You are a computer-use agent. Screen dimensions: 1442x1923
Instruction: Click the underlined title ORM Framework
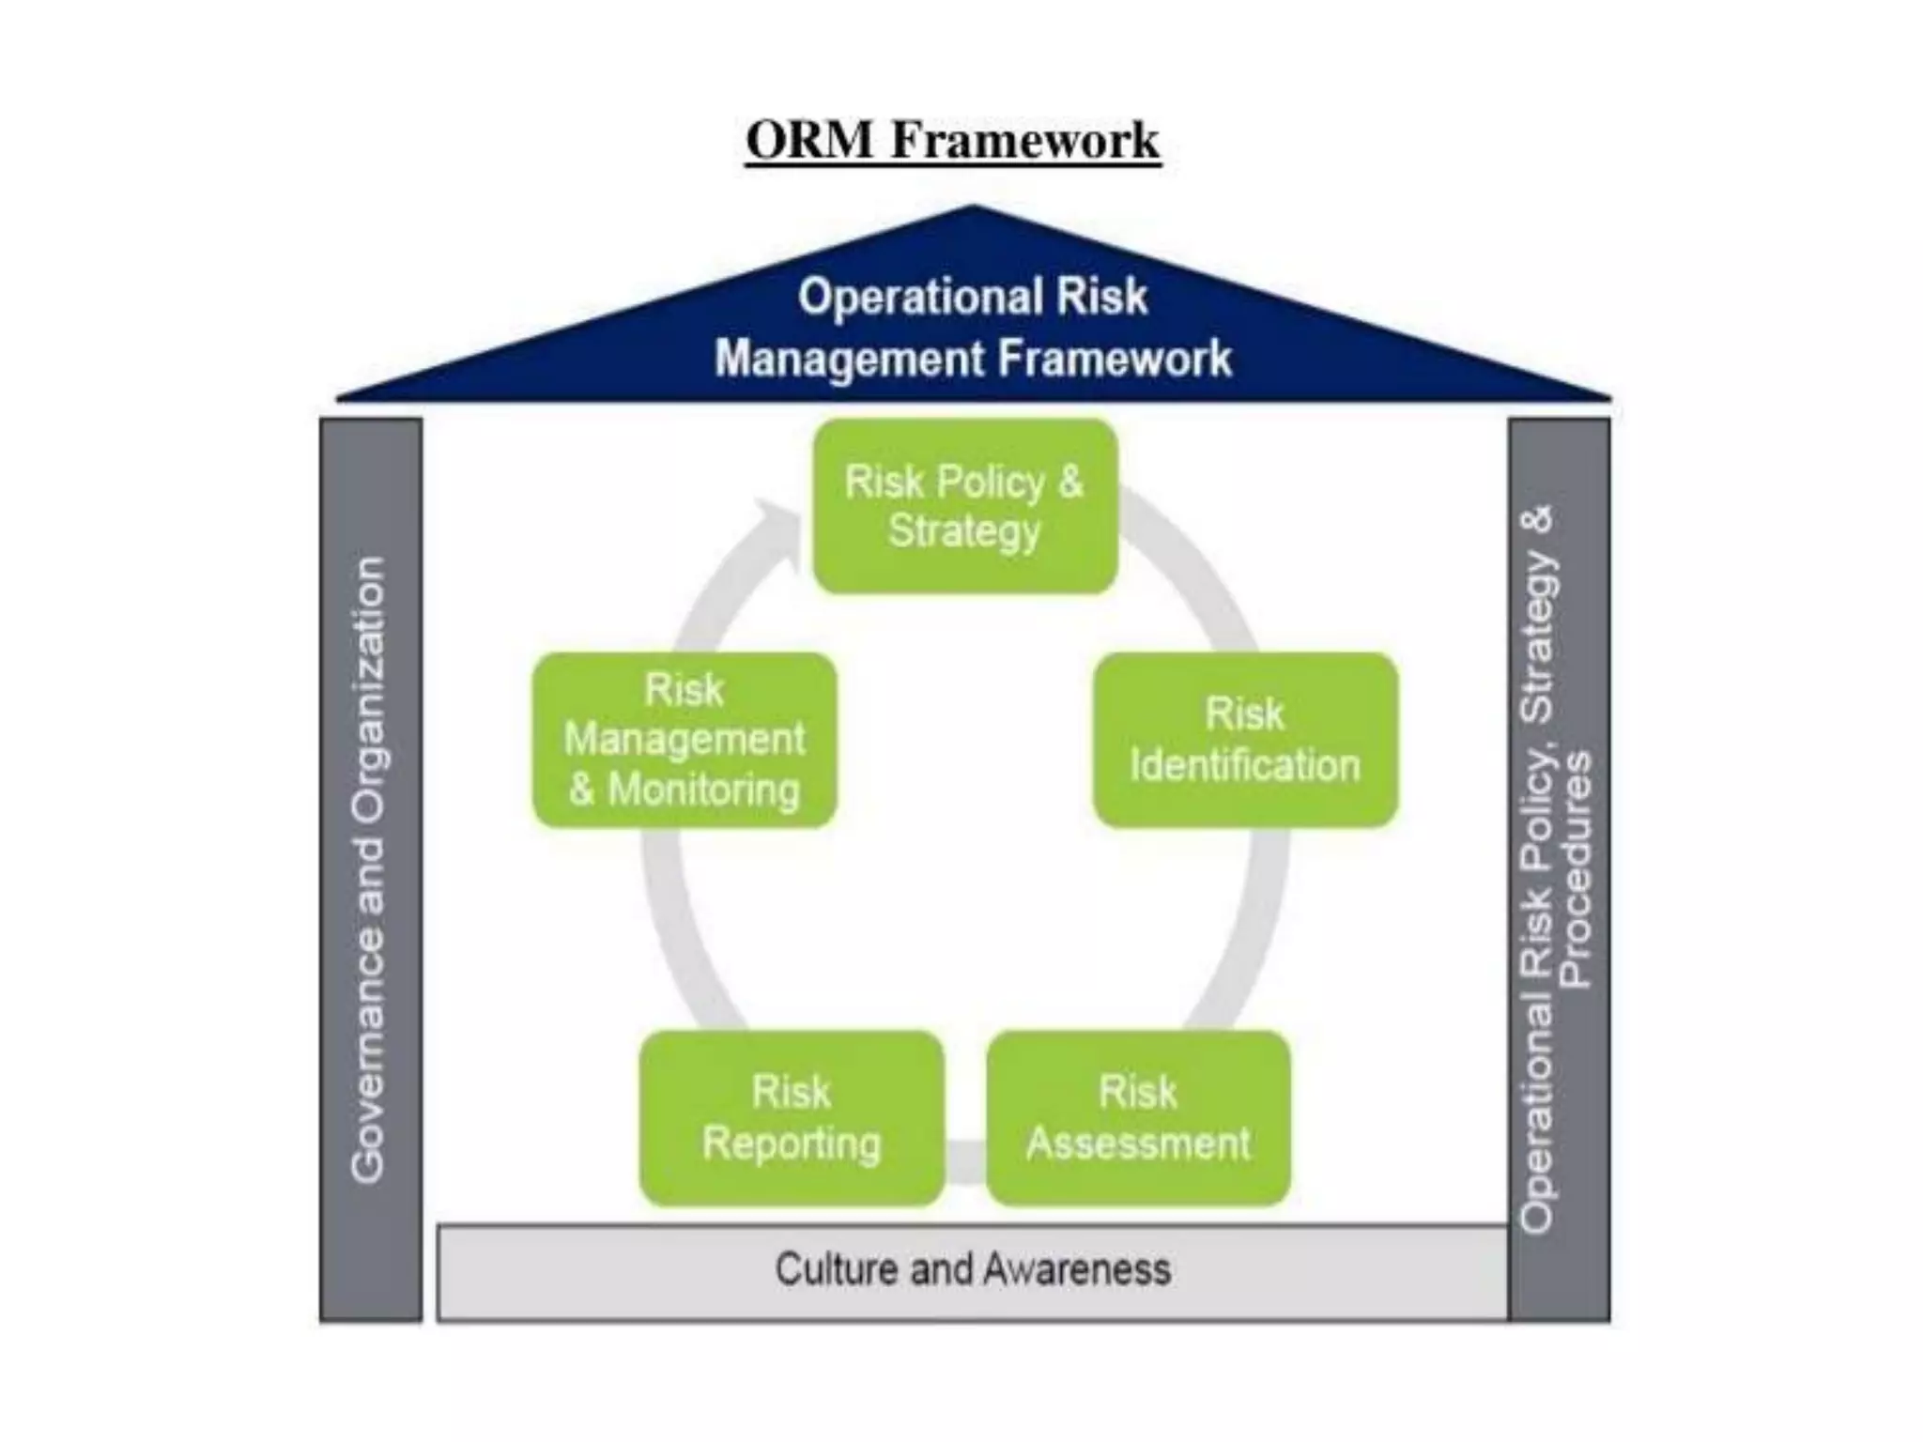(x=952, y=141)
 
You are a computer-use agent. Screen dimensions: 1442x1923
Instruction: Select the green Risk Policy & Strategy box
(x=965, y=507)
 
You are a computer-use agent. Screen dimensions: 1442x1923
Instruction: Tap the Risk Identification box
(x=1245, y=740)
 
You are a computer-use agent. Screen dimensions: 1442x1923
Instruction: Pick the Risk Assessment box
(x=1138, y=1117)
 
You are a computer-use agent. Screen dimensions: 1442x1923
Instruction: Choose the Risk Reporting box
(x=791, y=1117)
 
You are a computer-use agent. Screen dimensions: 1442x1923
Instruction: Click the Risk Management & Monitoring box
(x=685, y=740)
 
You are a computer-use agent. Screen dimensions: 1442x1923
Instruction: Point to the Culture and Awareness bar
(x=973, y=1271)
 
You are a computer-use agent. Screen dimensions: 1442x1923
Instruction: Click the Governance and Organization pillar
(x=370, y=868)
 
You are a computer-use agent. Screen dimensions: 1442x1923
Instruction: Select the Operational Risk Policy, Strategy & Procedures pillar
(x=1559, y=868)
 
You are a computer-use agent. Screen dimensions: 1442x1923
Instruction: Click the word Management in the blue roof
(x=849, y=360)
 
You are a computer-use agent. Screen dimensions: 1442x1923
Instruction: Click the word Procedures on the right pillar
(x=1576, y=868)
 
